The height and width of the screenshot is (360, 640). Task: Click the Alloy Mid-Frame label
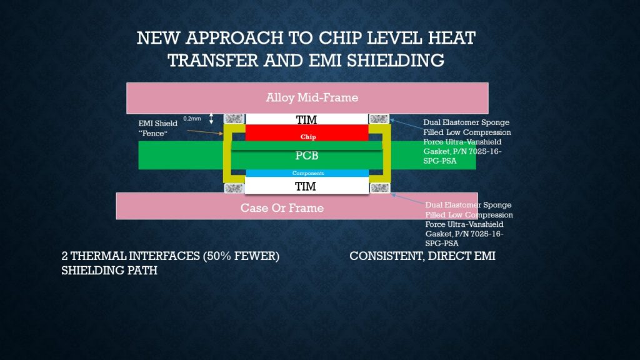[x=312, y=97]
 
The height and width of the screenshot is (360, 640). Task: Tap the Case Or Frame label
[x=282, y=207]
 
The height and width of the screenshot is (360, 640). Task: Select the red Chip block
[x=307, y=133]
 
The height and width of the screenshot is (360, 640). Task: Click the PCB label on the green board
[x=306, y=156]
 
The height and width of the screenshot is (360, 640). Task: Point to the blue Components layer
[x=307, y=173]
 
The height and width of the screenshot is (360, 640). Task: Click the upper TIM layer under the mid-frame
[x=306, y=119]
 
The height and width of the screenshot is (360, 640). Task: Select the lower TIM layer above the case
[x=306, y=186]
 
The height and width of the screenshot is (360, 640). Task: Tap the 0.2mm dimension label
[x=192, y=118]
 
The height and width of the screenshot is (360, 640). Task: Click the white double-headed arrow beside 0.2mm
[x=211, y=118]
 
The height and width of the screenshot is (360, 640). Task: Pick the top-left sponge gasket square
[x=234, y=119]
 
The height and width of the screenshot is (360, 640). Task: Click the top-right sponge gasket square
[x=379, y=119]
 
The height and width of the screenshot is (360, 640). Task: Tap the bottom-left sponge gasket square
[x=234, y=187]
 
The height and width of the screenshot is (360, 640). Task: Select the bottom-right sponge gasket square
[x=379, y=187]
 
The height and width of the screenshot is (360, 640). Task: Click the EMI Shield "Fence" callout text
[x=158, y=128]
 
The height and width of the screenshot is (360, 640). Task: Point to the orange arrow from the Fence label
[x=205, y=132]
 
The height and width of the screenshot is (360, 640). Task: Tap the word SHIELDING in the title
[x=396, y=61]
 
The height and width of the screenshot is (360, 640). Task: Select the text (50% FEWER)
[x=241, y=256]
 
